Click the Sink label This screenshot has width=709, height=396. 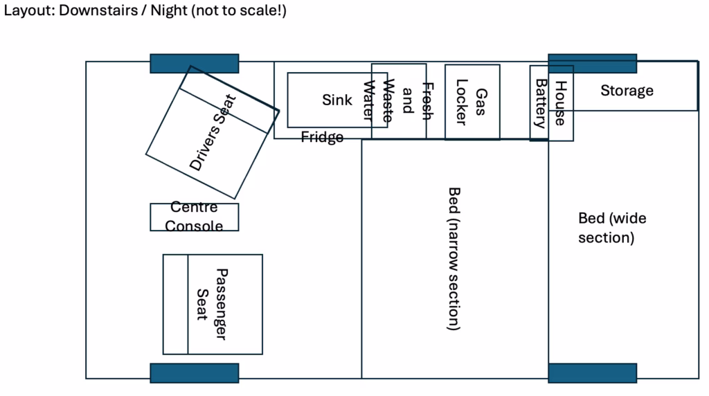337,100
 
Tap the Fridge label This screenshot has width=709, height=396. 322,137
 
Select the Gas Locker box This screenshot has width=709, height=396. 472,102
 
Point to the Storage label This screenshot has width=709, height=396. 627,91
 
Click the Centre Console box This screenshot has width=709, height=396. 195,217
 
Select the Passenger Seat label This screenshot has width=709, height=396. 212,305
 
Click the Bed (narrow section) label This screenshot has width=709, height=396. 454,258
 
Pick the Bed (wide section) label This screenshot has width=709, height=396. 612,228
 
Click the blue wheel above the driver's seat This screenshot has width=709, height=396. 195,64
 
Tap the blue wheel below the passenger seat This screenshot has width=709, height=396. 195,372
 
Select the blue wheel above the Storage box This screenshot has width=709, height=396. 592,64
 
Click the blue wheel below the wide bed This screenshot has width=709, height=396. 592,372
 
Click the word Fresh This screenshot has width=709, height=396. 427,102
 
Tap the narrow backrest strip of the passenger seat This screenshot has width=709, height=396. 176,305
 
